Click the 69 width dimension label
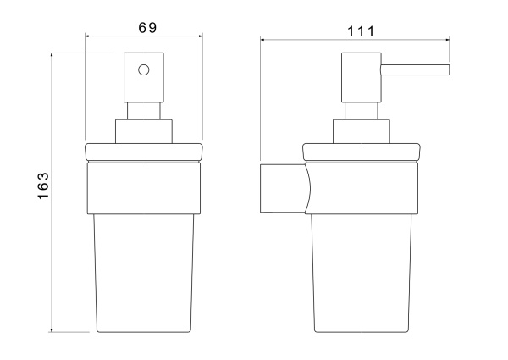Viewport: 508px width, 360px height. pos(147,28)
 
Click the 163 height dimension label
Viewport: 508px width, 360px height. pos(43,186)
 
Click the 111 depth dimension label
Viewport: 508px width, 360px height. pos(361,31)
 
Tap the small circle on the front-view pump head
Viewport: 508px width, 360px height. pos(144,70)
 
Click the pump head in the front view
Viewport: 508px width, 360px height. pos(144,77)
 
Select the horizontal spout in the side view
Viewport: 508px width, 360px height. pos(415,70)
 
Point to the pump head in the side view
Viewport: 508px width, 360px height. pos(362,77)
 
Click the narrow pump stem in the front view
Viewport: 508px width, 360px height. pos(144,111)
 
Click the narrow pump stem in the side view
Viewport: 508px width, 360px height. pos(362,111)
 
